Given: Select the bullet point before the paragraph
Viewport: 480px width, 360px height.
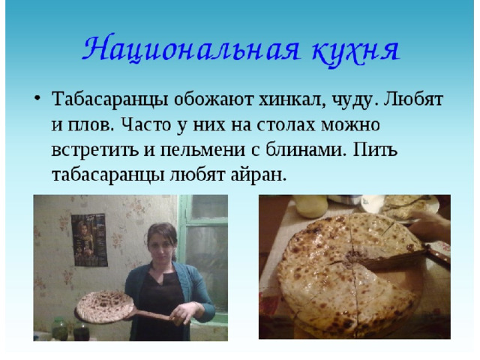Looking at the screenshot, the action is [x=37, y=98].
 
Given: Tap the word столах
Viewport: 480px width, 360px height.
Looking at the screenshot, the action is [x=286, y=124].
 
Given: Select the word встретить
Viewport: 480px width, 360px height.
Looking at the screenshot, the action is [x=94, y=150].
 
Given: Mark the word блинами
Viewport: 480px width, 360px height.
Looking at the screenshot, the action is [x=305, y=149].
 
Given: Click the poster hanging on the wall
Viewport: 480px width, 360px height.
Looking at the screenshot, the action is [x=89, y=240].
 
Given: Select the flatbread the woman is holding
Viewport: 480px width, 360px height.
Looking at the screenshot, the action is [x=105, y=307].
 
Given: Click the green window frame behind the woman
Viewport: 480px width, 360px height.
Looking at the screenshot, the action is [x=184, y=232].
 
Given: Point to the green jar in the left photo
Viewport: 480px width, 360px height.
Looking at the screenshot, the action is [x=60, y=328].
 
